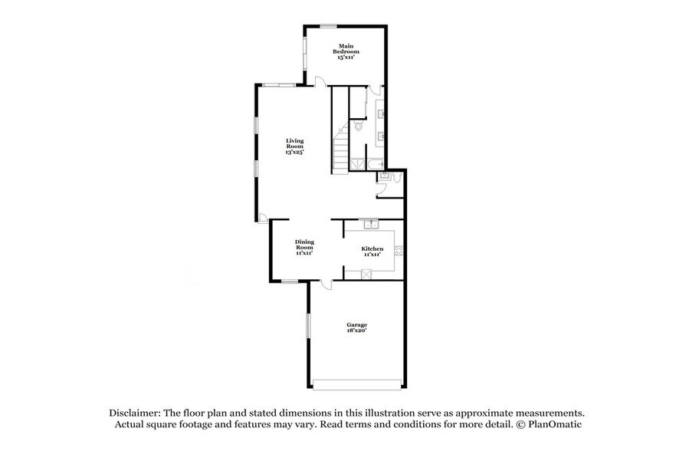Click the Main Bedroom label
(x=346, y=51)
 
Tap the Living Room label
(x=295, y=146)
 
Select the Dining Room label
(x=304, y=247)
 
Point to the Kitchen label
(x=372, y=251)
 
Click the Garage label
(x=356, y=328)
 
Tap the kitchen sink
(x=370, y=224)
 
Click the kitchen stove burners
(x=399, y=250)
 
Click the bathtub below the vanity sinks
(x=376, y=164)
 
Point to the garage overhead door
(x=356, y=383)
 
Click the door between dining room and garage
(x=327, y=285)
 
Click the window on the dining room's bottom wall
(x=289, y=281)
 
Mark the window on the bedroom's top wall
(x=329, y=27)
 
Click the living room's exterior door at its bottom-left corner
(x=262, y=219)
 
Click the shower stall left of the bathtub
(x=357, y=163)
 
